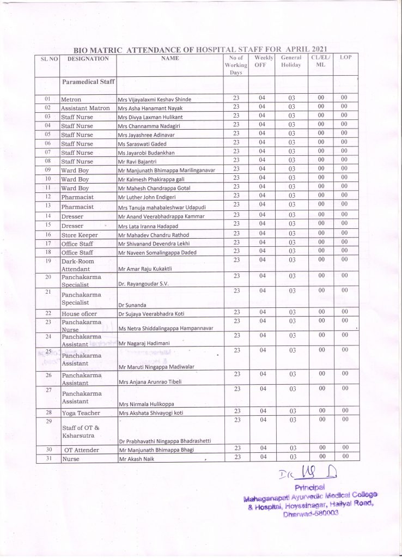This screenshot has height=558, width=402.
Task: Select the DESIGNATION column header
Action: [88, 59]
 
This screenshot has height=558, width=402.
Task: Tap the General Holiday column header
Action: [291, 61]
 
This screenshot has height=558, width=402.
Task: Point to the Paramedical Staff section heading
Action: [87, 82]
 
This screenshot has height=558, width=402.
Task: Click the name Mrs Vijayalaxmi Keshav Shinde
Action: [155, 100]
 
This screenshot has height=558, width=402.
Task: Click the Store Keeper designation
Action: [80, 234]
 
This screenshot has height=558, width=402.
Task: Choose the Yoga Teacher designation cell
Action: [81, 413]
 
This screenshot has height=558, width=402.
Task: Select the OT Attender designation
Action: [81, 450]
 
